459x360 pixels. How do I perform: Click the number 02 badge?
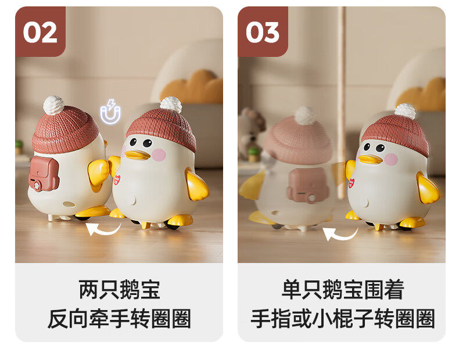(40, 31)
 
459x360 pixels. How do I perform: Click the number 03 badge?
(263, 31)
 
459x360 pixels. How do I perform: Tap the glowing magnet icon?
(110, 111)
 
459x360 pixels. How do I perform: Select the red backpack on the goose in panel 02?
(44, 174)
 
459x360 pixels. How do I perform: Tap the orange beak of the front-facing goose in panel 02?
(137, 155)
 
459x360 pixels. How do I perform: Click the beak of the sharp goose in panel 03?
(370, 159)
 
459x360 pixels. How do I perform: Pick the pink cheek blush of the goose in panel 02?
(159, 154)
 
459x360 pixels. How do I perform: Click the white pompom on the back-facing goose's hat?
(53, 105)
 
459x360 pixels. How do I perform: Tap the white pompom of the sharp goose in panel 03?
(405, 111)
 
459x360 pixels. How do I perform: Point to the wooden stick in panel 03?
(340, 102)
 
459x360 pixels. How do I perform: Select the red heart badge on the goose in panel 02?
(117, 179)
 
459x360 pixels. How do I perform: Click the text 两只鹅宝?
(120, 290)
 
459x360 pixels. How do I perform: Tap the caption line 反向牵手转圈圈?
(120, 318)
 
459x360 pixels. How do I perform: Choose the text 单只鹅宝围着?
(343, 290)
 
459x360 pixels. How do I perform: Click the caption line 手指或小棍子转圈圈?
(343, 318)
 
